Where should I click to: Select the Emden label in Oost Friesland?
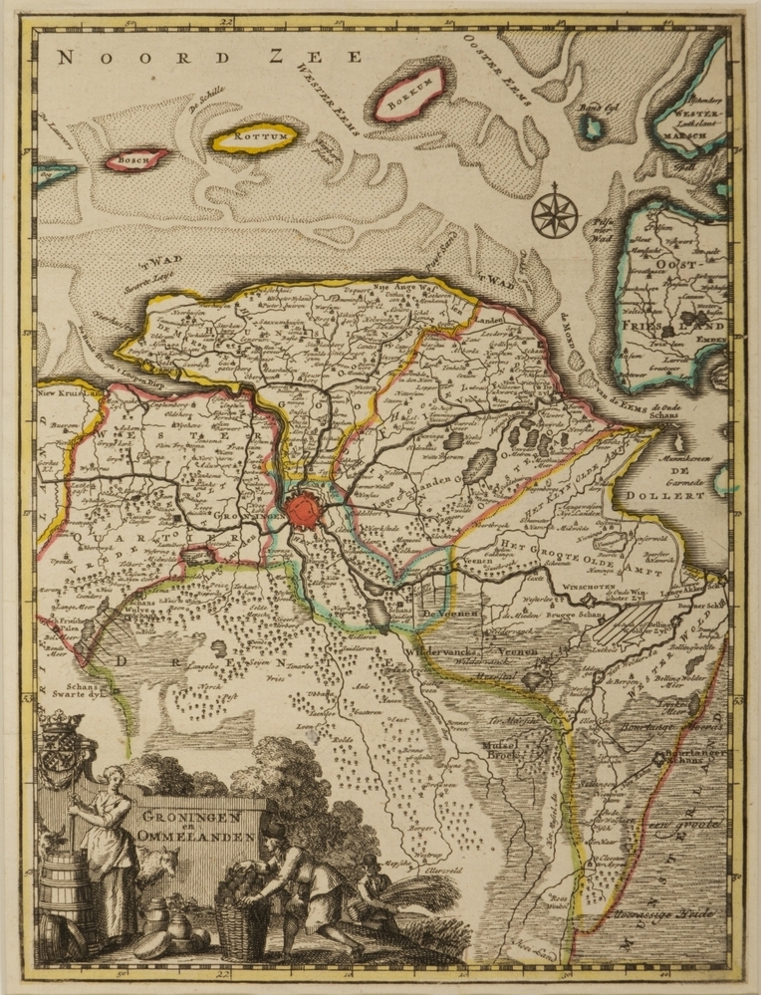click(x=711, y=339)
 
